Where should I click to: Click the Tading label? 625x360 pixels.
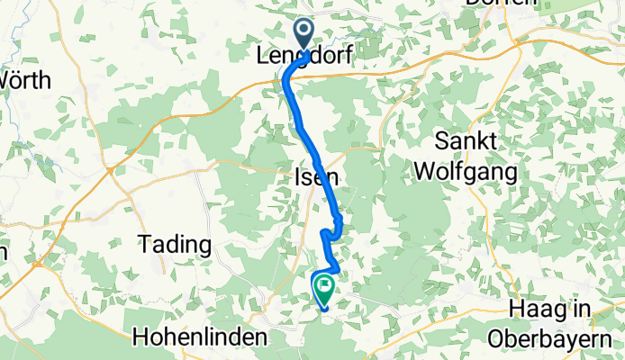coord(175,244)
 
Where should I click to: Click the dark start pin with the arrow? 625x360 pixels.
coord(303,35)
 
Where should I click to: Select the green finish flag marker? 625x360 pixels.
coord(323,287)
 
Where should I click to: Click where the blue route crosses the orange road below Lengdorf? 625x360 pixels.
coord(287,79)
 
